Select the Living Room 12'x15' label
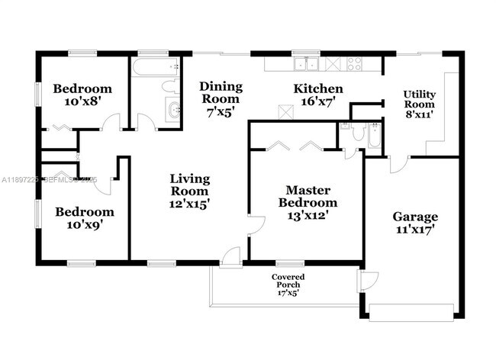[x=189, y=191]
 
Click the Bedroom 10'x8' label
[x=82, y=95]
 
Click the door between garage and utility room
[x=398, y=164]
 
